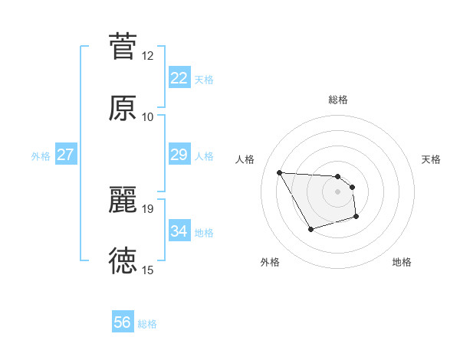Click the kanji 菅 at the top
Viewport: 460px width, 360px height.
click(x=123, y=46)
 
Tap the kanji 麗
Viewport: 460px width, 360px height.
click(x=123, y=200)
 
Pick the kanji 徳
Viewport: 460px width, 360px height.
click(x=123, y=261)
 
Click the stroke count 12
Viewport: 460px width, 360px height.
click(x=147, y=56)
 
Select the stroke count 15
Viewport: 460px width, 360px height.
click(x=147, y=270)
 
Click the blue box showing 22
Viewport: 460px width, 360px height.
click(x=179, y=78)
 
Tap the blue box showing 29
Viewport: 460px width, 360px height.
click(x=179, y=155)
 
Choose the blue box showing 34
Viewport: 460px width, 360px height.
click(x=179, y=231)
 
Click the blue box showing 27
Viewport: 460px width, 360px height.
click(x=66, y=155)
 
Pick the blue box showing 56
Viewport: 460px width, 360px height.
click(x=123, y=322)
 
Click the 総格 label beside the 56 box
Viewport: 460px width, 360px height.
click(x=147, y=324)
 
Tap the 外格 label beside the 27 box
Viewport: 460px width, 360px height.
click(x=41, y=156)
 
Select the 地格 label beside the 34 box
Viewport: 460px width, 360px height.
click(x=204, y=233)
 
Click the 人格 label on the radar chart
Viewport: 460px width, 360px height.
click(x=246, y=159)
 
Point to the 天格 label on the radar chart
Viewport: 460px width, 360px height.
click(x=431, y=159)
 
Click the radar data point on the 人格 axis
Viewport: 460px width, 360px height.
click(x=279, y=172)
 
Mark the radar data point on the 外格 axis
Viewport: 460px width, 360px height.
click(x=310, y=229)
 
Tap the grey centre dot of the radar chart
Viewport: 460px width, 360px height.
click(x=337, y=191)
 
